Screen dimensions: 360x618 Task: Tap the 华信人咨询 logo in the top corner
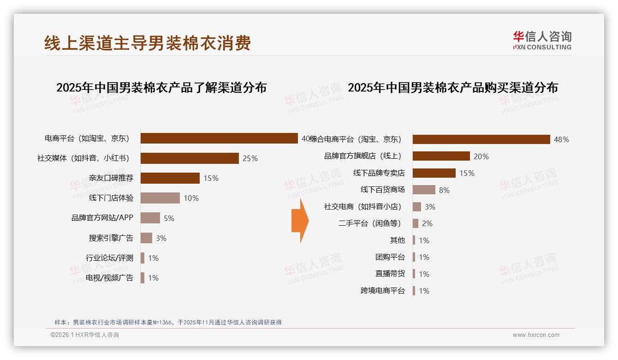(x=542, y=41)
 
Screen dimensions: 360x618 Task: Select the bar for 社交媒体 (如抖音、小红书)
(x=190, y=158)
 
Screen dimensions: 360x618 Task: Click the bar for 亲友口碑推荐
(x=170, y=178)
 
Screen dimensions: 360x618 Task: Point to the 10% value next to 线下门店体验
(x=191, y=198)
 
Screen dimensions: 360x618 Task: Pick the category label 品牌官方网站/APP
(x=102, y=218)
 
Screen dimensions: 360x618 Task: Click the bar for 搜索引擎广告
(x=146, y=238)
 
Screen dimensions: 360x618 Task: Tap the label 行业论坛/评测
(x=109, y=258)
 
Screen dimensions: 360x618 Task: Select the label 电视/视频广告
(x=109, y=277)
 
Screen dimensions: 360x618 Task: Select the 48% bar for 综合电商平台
(x=481, y=139)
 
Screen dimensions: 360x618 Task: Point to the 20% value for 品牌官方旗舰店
(x=481, y=156)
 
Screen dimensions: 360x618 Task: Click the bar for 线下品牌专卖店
(x=434, y=173)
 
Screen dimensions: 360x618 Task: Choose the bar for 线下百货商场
(x=424, y=190)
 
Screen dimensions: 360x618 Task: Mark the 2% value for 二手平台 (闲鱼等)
(x=427, y=223)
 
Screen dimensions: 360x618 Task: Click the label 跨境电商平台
(x=382, y=291)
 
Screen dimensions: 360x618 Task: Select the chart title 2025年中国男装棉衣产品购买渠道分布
(x=452, y=88)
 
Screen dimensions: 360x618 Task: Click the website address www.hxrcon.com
(x=536, y=335)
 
